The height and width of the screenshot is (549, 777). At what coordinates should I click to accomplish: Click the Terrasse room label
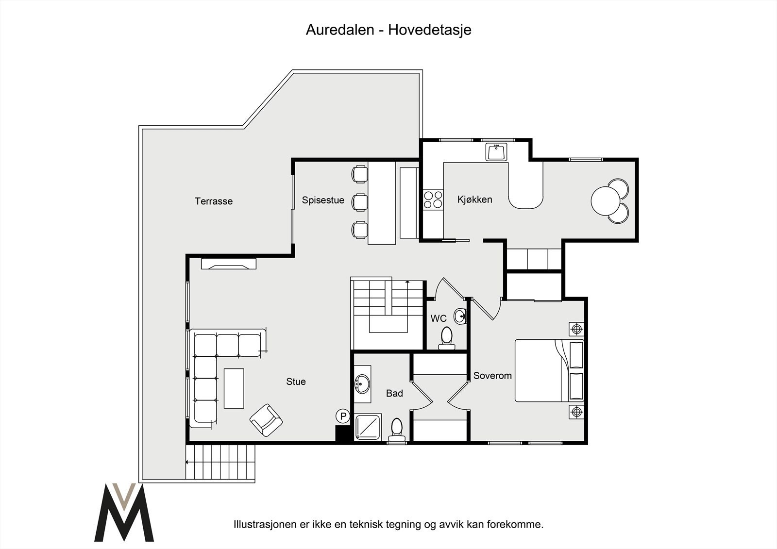coord(213,201)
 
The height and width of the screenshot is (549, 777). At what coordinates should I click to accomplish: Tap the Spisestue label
coord(323,200)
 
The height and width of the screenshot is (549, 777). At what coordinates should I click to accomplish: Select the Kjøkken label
coord(474,200)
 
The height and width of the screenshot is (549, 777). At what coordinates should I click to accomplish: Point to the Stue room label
coord(296,382)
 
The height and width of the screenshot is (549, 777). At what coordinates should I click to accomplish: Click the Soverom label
coord(492,376)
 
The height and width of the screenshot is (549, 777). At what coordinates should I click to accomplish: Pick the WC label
coord(439,318)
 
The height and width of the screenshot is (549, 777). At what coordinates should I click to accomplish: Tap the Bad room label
coord(394,393)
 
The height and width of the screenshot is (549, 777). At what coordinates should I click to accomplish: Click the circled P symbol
coord(343,416)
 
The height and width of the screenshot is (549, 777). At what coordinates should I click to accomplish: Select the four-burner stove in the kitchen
coord(433,200)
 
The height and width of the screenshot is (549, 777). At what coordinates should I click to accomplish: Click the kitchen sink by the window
coord(496,152)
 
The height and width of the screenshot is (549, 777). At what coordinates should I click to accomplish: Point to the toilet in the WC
coord(446,338)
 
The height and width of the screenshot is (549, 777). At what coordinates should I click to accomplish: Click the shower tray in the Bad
coord(368,427)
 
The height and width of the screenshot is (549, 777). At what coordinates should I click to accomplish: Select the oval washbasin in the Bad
coord(362,384)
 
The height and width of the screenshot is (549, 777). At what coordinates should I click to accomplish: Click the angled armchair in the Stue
coord(266,420)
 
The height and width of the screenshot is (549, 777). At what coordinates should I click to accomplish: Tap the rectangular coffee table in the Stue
coord(234,388)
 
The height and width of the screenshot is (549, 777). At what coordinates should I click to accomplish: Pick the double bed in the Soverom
coord(549,370)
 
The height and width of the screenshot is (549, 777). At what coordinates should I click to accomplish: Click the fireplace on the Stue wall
coord(229,264)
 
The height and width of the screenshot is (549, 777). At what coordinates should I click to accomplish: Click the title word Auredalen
coord(339,30)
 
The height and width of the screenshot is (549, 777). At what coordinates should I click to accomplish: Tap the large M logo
coord(124,512)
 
